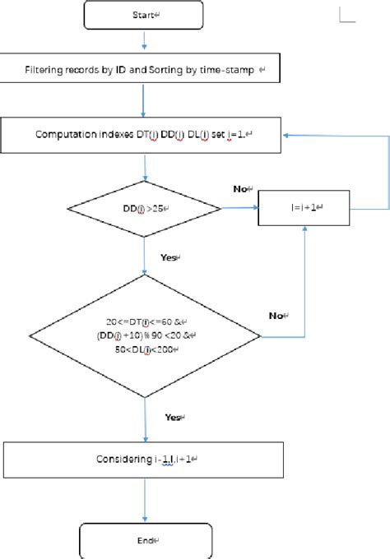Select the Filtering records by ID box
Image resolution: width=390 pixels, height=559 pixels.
click(145, 72)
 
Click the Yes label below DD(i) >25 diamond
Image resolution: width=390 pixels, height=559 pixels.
click(169, 256)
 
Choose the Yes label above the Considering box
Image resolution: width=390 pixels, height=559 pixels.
click(171, 418)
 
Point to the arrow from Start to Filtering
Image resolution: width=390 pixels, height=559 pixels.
click(145, 39)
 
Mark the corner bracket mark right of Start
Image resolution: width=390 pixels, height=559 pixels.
click(348, 14)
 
